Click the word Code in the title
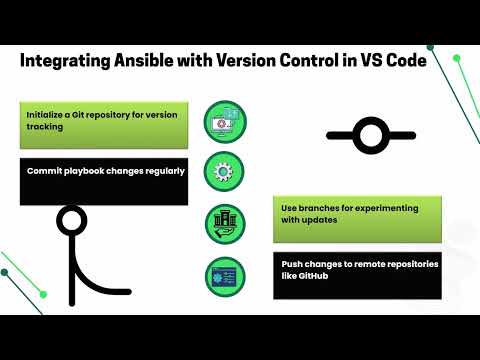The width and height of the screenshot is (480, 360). tap(432, 62)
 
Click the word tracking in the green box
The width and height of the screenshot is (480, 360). tap(47, 127)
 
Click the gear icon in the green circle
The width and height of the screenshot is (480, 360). tap(224, 169)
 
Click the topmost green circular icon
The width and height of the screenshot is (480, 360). tap(224, 120)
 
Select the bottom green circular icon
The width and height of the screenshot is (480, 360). tap(224, 275)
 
